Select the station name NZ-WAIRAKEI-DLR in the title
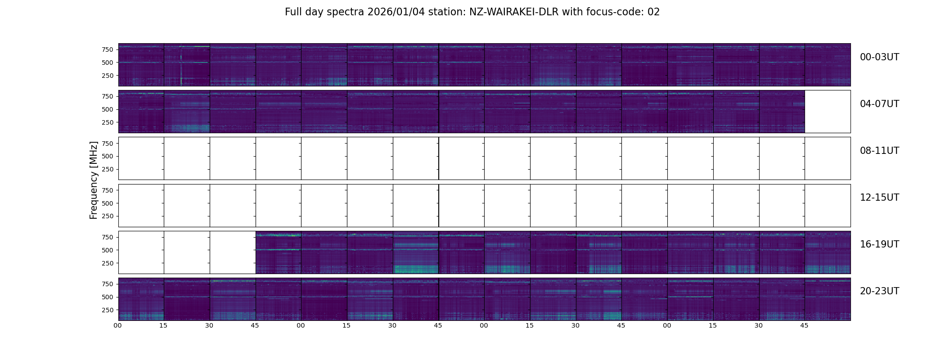tap(514, 12)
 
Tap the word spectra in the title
tap(346, 12)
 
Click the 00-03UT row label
tap(879, 57)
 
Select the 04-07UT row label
tap(879, 104)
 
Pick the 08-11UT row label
tap(879, 151)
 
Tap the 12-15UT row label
tap(879, 198)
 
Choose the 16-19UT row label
tap(879, 244)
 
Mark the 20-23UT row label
tap(879, 291)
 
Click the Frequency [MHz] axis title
tap(94, 180)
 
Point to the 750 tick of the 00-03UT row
tap(107, 49)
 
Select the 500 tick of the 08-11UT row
tap(107, 156)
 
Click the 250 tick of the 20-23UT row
tap(107, 310)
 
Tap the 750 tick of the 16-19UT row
tap(107, 237)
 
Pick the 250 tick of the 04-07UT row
tap(107, 122)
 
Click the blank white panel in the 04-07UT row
tap(828, 112)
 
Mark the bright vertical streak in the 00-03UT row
tap(181, 67)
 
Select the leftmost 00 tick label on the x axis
tap(118, 325)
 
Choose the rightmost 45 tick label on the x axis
tap(804, 325)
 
